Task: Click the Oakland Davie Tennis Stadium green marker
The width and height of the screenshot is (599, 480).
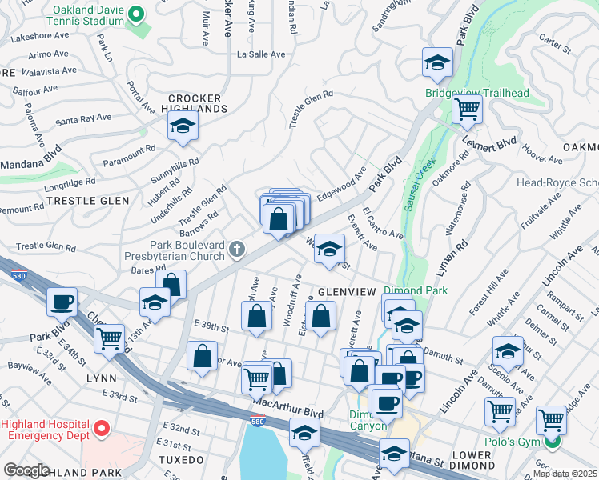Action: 136,14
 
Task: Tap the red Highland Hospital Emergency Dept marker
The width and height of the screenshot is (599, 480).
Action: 101,430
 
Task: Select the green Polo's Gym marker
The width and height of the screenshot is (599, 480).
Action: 551,441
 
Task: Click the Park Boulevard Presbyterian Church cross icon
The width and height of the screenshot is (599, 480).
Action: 236,250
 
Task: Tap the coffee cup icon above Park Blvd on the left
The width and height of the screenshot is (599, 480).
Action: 62,302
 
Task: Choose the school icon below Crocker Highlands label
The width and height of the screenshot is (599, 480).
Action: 183,126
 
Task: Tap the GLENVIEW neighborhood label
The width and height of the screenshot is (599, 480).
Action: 346,292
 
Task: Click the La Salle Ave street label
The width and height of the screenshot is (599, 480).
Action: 261,54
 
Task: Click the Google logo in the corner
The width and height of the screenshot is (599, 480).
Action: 26,470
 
